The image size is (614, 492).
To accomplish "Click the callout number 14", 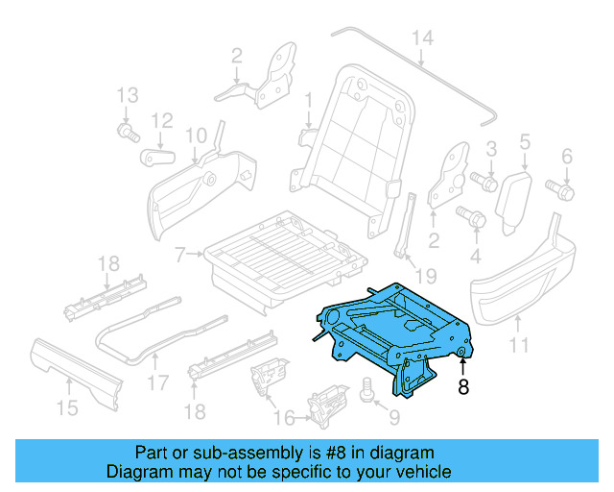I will pos(422,38).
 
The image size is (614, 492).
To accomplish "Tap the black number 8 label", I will pos(463,388).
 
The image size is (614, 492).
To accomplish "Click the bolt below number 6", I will pos(561,189).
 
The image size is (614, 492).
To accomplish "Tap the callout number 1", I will pos(309,101).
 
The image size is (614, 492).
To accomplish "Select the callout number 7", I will pos(178,255).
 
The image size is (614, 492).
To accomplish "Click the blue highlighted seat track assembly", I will pos(393,327).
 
